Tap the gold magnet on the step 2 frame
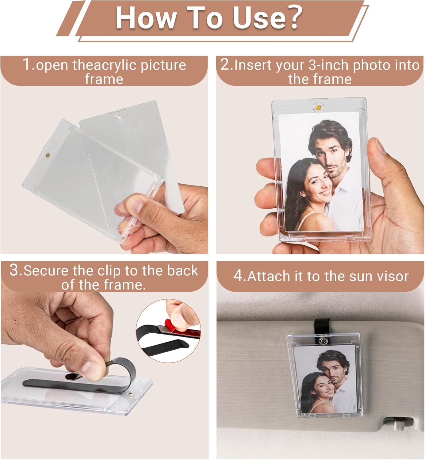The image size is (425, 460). (x=319, y=107)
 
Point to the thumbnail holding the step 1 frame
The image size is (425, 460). (x=134, y=204)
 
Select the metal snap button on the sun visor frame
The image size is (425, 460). (x=322, y=340)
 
